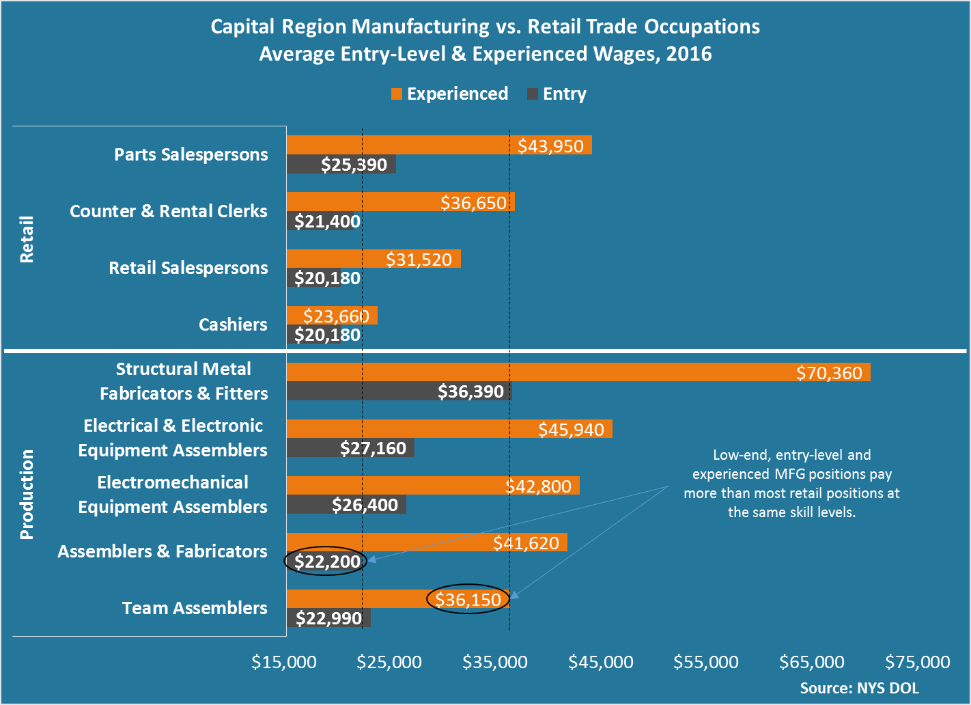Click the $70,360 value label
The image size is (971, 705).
829,373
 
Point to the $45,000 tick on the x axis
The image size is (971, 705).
601,662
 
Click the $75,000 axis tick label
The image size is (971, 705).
917,662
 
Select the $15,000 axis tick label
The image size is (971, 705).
284,662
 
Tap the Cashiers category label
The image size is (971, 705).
233,324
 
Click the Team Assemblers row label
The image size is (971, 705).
195,608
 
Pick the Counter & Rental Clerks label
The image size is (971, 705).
169,211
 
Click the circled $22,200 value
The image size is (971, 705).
327,562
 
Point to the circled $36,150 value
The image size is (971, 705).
468,600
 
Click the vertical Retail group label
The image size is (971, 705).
27,239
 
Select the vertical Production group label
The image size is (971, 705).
27,494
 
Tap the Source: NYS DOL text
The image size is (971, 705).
860,688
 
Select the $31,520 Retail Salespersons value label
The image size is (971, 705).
419,260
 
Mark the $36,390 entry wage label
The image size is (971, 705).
470,391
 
